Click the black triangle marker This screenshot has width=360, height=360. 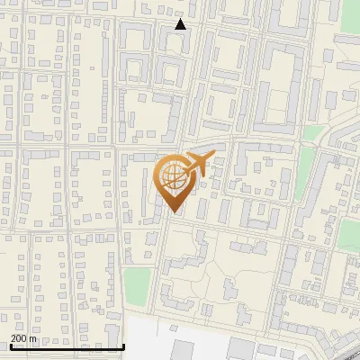[x=181, y=24]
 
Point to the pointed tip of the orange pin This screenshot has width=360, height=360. [x=174, y=212]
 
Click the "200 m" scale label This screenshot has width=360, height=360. [x=23, y=338]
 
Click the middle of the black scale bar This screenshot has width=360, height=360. [x=67, y=346]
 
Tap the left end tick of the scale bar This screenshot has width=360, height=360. [x=10, y=345]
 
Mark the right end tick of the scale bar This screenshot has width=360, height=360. [x=123, y=345]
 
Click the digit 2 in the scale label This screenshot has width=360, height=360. [x=13, y=338]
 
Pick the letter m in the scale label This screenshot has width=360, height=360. [x=34, y=339]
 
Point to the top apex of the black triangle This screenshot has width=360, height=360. [x=181, y=19]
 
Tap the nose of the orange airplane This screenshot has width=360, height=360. [x=211, y=157]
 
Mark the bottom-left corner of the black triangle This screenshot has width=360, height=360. [x=175, y=29]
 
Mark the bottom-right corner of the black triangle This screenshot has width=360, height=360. [x=186, y=29]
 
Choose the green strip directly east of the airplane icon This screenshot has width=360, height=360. [x=305, y=171]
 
